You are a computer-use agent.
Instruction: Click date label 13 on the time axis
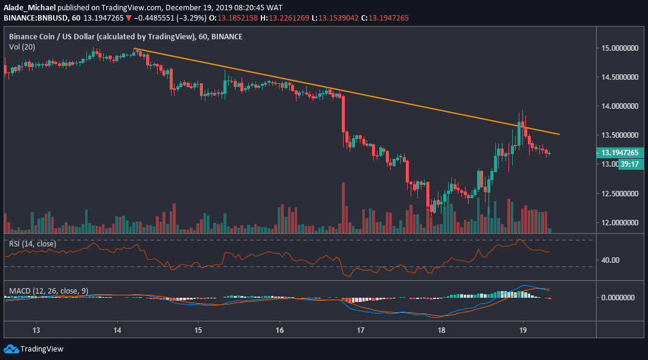point(36,330)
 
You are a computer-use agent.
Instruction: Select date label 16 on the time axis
point(280,330)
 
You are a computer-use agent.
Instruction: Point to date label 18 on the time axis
point(441,330)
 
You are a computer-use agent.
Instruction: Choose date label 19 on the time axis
point(522,330)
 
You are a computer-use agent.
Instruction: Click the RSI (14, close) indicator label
point(32,244)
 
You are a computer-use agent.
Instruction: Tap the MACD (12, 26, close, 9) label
point(48,291)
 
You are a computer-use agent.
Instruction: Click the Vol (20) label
point(22,47)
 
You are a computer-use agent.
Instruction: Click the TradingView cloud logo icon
point(10,349)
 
